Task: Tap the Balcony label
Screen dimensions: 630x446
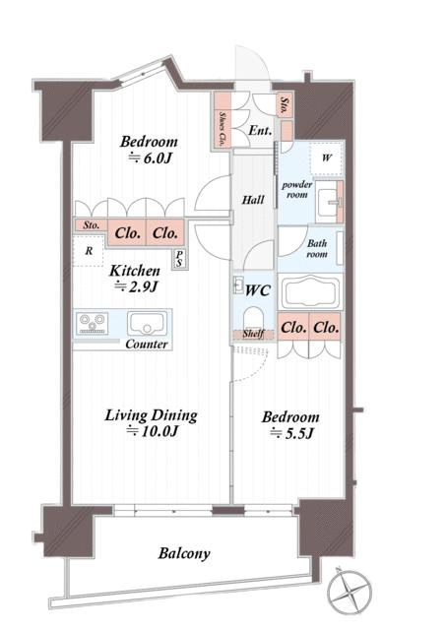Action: pyautogui.click(x=184, y=553)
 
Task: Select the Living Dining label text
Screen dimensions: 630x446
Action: pyautogui.click(x=152, y=414)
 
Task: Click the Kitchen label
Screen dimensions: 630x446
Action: pyautogui.click(x=135, y=270)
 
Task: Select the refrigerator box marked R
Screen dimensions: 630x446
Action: pyautogui.click(x=90, y=252)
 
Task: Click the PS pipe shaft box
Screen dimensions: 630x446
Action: pyautogui.click(x=180, y=259)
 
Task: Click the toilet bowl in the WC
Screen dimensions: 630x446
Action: pyautogui.click(x=253, y=315)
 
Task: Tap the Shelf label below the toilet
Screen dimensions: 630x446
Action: pyautogui.click(x=253, y=335)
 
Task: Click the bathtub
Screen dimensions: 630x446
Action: pyautogui.click(x=311, y=293)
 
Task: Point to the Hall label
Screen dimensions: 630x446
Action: pyautogui.click(x=253, y=200)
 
